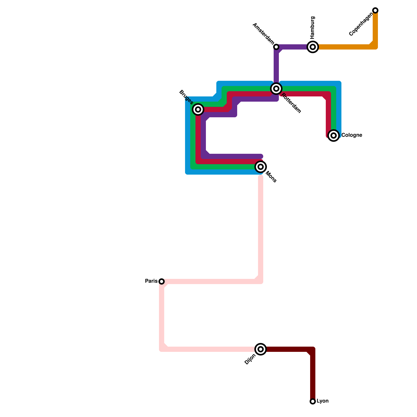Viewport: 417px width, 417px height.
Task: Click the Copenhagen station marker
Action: pyautogui.click(x=375, y=10)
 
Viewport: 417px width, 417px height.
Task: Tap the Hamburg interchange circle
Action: pyautogui.click(x=313, y=47)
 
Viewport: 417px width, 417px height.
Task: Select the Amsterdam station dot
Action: pyautogui.click(x=276, y=47)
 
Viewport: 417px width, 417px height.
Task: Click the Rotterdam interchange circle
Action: pyautogui.click(x=276, y=89)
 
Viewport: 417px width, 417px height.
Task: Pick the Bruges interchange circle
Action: pyautogui.click(x=198, y=109)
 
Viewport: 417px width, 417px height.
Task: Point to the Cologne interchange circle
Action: pyautogui.click(x=334, y=136)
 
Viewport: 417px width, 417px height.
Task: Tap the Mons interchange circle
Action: pyautogui.click(x=261, y=167)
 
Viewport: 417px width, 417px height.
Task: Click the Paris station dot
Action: pyautogui.click(x=162, y=281)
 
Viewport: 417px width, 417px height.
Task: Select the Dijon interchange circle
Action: pyautogui.click(x=261, y=349)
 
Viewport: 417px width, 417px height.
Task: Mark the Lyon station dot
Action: pyautogui.click(x=313, y=401)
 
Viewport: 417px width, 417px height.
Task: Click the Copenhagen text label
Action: pyautogui.click(x=361, y=25)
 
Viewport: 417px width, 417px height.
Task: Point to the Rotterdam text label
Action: pyautogui.click(x=291, y=103)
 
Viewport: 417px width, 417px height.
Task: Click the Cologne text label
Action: pyautogui.click(x=352, y=135)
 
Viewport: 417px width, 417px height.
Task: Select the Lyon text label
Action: pyautogui.click(x=322, y=401)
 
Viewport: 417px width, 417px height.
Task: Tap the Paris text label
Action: pyautogui.click(x=151, y=281)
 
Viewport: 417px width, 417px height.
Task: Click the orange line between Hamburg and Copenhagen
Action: pyautogui.click(x=344, y=47)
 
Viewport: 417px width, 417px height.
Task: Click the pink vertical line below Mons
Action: pyautogui.click(x=261, y=227)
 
